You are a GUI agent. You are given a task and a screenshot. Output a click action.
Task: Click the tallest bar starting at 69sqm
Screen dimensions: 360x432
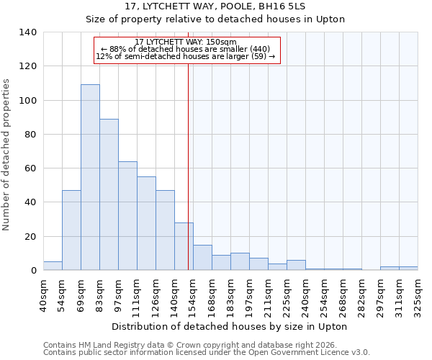point(90,177)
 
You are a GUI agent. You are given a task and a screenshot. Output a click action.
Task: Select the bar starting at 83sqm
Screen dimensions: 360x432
point(109,194)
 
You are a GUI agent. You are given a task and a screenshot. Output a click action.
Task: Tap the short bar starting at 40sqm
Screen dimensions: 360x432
point(53,266)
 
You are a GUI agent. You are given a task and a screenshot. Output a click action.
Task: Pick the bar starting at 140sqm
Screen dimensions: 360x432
point(184,246)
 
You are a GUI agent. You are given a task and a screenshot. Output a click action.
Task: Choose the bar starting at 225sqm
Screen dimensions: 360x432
point(296,265)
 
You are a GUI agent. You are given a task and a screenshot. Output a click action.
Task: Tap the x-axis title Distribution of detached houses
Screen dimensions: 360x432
point(229,326)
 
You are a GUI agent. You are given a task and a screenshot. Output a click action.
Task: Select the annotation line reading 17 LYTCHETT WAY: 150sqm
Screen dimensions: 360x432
point(186,42)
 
